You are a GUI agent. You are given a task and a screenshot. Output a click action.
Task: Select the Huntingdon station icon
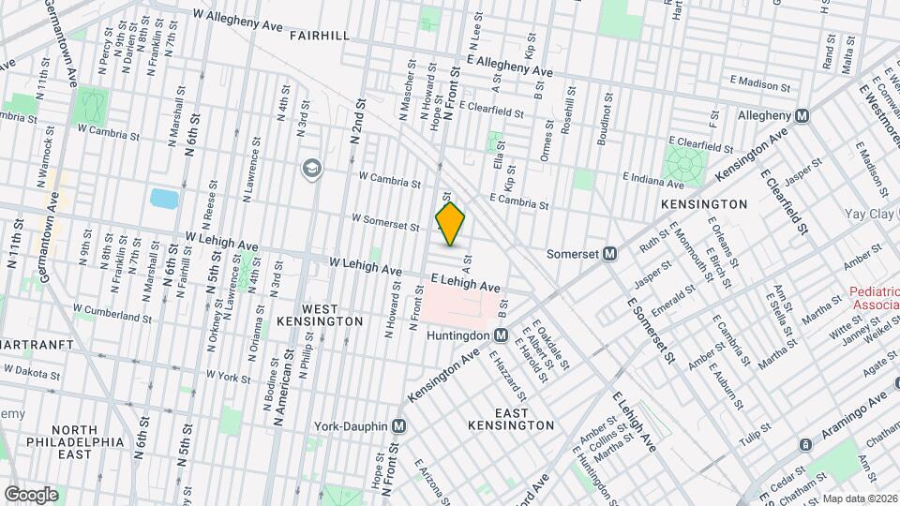(x=501, y=335)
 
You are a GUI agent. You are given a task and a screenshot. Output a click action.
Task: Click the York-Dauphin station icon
(x=398, y=425)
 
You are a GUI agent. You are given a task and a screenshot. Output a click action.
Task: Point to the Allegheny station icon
(x=802, y=115)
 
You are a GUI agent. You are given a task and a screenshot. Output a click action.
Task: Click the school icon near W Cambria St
(x=310, y=169)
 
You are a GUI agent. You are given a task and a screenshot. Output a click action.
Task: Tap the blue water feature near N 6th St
(x=164, y=199)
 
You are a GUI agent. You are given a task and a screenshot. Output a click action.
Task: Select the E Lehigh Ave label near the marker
(x=465, y=283)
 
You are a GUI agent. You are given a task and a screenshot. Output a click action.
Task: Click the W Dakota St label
(x=31, y=372)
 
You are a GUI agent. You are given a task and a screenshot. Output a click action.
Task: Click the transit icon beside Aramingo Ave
(x=804, y=443)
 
